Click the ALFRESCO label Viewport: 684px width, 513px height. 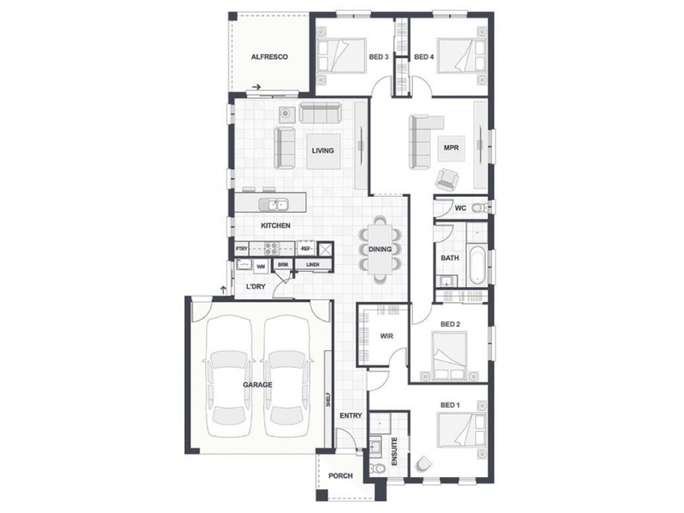pos(268,57)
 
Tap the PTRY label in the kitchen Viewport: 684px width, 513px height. pos(242,249)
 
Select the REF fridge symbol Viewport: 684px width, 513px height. pos(305,249)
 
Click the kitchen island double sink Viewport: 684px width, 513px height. pos(276,204)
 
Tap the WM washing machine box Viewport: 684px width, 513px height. pos(262,266)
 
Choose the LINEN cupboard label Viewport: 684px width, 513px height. pos(313,265)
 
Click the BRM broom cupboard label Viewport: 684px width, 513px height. pos(282,265)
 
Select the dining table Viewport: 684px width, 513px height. pos(380,249)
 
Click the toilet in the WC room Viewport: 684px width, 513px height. pos(481,208)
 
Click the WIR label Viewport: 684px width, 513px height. pos(386,336)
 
